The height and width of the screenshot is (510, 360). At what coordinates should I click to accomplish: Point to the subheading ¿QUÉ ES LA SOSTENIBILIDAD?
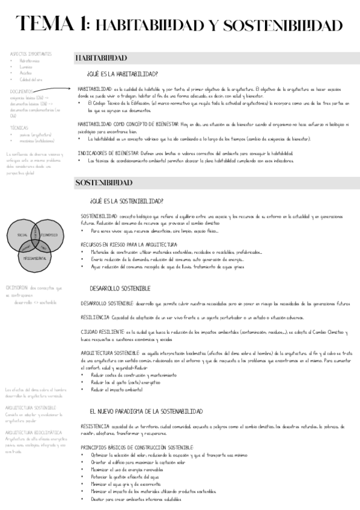126,201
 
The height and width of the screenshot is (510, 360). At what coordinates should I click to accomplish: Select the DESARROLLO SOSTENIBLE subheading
120,289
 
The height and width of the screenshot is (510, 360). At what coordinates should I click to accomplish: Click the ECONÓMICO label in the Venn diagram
50,234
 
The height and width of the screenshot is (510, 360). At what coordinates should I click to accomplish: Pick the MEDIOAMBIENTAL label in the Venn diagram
36,257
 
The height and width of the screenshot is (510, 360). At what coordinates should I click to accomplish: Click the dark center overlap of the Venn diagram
37,241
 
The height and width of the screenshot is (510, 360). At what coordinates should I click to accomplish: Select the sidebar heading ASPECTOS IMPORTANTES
31,54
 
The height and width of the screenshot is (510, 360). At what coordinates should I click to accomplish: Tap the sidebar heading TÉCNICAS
19,127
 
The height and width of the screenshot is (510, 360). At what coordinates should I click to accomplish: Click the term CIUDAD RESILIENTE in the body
102,332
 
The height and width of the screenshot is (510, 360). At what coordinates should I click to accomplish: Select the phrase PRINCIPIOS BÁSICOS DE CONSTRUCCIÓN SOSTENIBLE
137,447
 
